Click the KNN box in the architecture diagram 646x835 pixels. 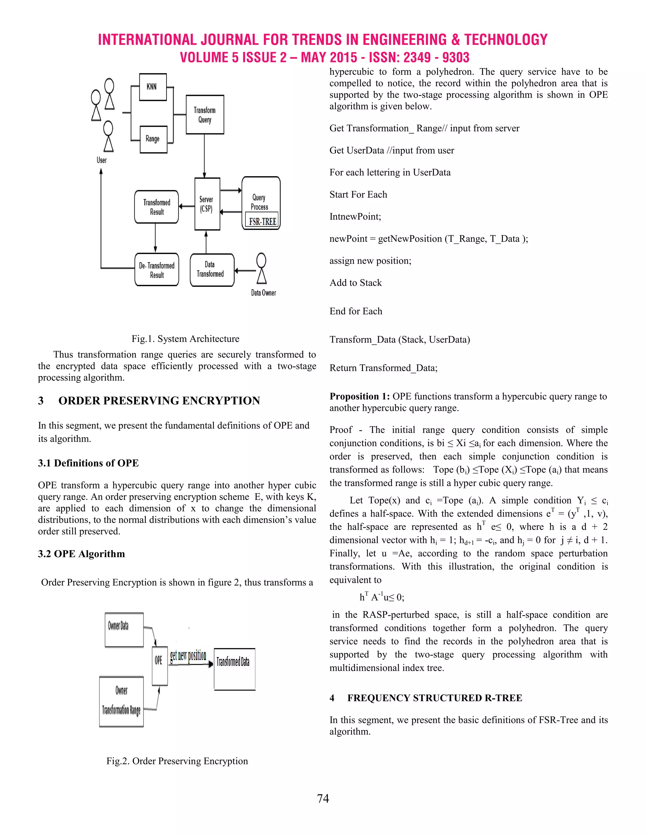coord(153,87)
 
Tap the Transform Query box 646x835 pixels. coord(205,115)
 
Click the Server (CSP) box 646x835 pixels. coord(207,204)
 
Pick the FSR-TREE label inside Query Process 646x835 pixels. coord(262,222)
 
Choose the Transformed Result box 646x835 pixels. coord(156,207)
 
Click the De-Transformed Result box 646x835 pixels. coord(156,270)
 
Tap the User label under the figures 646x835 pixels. coord(102,160)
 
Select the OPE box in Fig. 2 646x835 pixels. coord(159,660)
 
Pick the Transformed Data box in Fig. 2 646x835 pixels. coord(234,669)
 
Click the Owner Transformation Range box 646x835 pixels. coord(121,701)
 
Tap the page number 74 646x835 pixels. coord(323,799)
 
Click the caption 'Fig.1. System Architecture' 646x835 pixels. coord(185,339)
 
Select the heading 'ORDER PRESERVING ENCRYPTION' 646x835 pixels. coord(159,401)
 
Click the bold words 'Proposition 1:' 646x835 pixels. coord(359,396)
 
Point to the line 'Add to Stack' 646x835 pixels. coord(355,283)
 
